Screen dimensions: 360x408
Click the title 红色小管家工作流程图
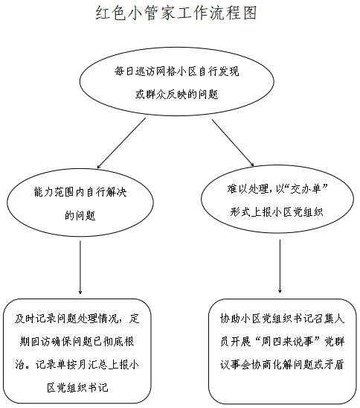tap(176, 13)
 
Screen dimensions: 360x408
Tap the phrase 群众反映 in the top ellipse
tap(166, 95)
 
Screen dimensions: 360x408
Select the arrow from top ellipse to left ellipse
tap(121, 143)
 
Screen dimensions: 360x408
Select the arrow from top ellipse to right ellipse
tap(233, 143)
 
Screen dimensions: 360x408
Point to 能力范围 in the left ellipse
tap(54, 192)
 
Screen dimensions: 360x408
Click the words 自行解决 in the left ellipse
tap(106, 192)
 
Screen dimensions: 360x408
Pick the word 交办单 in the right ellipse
tap(306, 189)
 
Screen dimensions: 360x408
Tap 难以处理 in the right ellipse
tap(248, 189)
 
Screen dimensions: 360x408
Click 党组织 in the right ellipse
tap(308, 212)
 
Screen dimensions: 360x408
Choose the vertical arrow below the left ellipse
tap(80, 267)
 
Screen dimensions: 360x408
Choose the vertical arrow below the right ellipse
tap(280, 267)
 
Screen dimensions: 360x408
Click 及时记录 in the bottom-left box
tap(36, 319)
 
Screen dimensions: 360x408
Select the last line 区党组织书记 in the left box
tap(77, 388)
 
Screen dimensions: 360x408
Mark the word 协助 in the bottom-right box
tap(231, 319)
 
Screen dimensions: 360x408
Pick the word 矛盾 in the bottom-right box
tap(335, 365)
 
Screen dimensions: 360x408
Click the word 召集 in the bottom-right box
tap(324, 319)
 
